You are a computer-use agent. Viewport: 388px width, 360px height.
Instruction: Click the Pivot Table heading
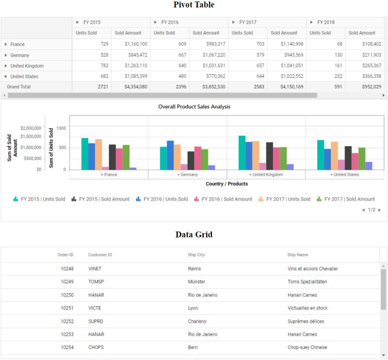coord(194,5)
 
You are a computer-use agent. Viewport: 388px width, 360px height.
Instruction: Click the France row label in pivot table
coord(17,45)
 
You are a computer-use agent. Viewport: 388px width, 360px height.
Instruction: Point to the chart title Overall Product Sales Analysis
coord(194,107)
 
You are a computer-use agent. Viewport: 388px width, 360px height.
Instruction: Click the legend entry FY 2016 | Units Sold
coord(165,199)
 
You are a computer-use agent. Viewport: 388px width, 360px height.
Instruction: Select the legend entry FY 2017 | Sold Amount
coord(349,199)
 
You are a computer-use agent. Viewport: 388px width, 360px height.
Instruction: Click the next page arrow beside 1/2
coord(379,210)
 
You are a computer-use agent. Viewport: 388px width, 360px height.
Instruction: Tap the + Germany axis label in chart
coord(187,174)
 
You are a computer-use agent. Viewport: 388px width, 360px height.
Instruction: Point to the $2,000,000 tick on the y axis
coord(31,128)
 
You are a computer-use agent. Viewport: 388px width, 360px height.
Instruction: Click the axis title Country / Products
coord(226,184)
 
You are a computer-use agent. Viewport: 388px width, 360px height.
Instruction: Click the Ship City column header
coord(196,255)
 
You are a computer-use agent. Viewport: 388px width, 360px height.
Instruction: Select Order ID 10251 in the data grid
coord(67,308)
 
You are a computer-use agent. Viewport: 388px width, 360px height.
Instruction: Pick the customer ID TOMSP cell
coord(96,282)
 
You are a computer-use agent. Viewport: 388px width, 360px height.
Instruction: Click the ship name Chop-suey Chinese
coord(307,347)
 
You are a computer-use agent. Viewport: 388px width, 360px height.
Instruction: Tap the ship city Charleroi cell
coord(198,321)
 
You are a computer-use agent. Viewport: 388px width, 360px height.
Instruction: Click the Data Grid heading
coord(194,235)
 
